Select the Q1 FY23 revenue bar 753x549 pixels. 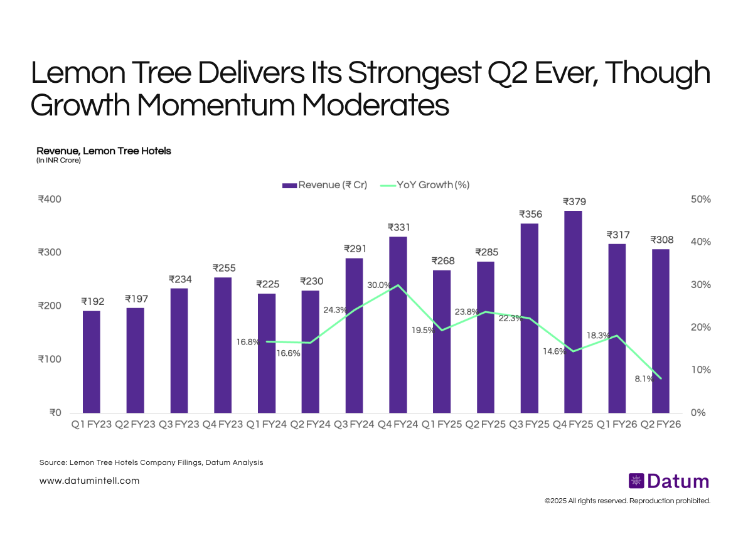click(x=92, y=361)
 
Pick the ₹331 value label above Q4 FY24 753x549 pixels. click(x=398, y=227)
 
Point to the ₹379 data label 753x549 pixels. click(x=574, y=201)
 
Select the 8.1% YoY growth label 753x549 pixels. click(x=643, y=379)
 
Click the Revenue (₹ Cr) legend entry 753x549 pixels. click(x=324, y=185)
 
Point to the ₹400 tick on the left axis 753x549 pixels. click(x=49, y=200)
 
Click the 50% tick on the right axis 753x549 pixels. click(x=700, y=200)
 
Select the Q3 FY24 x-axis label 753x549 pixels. click(x=355, y=425)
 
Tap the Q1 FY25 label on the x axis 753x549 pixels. click(x=442, y=425)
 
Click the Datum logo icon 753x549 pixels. click(x=636, y=481)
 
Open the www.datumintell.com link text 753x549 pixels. click(x=89, y=481)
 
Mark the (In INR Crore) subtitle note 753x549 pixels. click(x=58, y=161)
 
